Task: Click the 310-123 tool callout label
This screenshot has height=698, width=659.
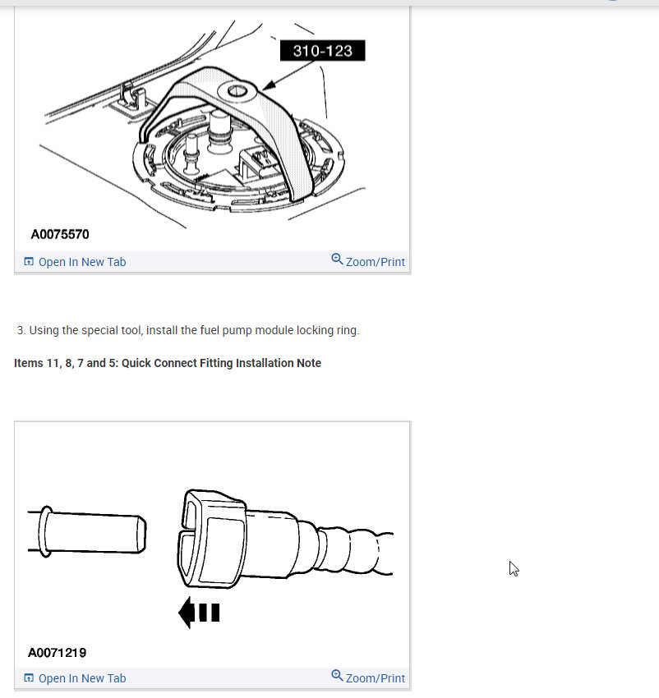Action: (322, 51)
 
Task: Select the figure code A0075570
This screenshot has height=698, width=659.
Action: (60, 235)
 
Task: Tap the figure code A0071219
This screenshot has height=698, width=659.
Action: (57, 653)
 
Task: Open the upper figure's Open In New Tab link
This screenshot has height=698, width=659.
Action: (81, 262)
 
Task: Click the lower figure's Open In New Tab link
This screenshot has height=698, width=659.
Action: (81, 678)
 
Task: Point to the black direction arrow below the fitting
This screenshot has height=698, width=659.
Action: (199, 613)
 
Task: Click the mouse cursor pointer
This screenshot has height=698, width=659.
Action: (513, 567)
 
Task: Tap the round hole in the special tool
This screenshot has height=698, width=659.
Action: (238, 90)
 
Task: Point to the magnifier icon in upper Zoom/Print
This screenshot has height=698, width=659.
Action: (337, 259)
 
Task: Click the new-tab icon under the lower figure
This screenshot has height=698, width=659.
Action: (29, 678)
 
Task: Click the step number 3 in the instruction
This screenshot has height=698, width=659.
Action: (20, 330)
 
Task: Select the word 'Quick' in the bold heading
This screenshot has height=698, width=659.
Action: (141, 363)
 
